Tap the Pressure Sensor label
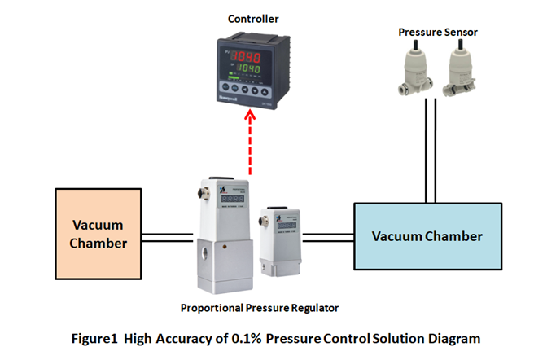pos(438,32)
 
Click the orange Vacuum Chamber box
pos(98,235)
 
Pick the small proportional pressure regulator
pos(277,237)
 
